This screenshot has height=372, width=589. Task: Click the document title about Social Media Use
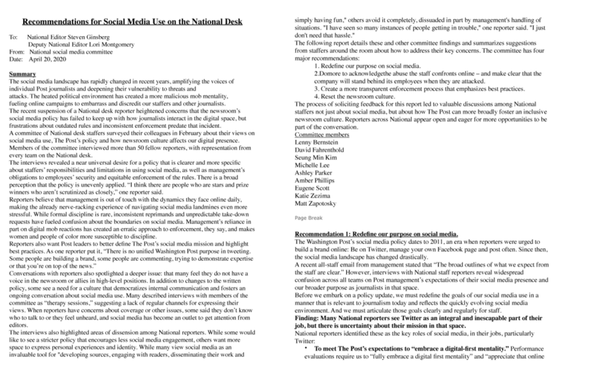coord(132,22)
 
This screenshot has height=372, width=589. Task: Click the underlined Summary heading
coord(22,74)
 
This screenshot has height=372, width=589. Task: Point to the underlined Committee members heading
coord(322,134)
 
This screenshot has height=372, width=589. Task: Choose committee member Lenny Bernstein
coord(317,142)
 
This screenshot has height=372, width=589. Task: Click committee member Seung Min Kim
coord(315,157)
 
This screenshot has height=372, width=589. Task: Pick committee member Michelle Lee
coord(312,165)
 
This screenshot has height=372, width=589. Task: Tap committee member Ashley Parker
coord(313,173)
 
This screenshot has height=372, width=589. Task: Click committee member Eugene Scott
coord(313,188)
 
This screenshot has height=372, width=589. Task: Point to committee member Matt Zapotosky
coord(316,203)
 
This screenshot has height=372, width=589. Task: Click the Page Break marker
coord(308,218)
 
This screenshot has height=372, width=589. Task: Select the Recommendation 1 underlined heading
coord(376,234)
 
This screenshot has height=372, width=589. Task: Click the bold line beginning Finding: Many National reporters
coord(418,318)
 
